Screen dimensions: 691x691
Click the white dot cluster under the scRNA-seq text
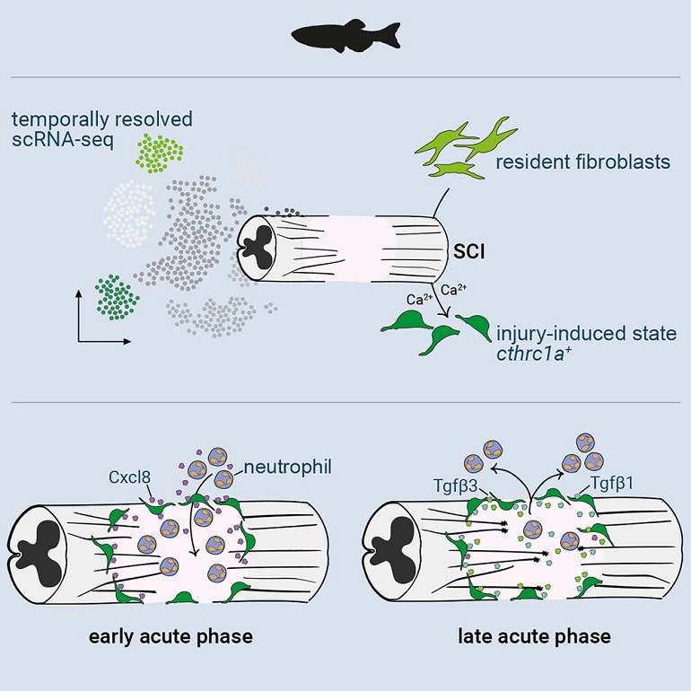(x=132, y=207)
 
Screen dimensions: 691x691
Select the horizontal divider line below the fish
(x=345, y=78)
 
